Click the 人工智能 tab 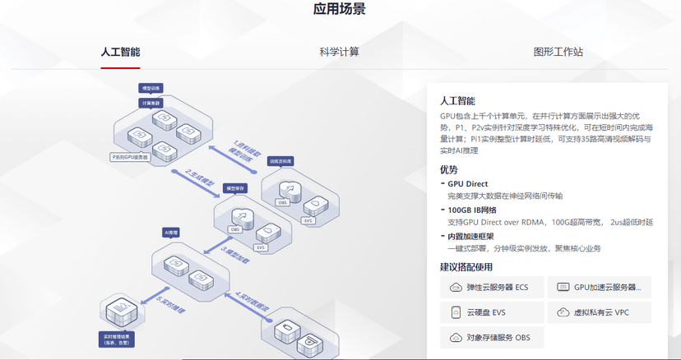click(120, 52)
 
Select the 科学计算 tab click(339, 52)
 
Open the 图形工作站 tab click(558, 52)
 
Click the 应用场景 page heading click(340, 10)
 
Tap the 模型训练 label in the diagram click(153, 87)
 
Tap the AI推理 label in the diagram click(171, 233)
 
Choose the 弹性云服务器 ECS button click(490, 288)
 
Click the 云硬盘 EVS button click(490, 312)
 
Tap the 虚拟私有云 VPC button click(600, 312)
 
